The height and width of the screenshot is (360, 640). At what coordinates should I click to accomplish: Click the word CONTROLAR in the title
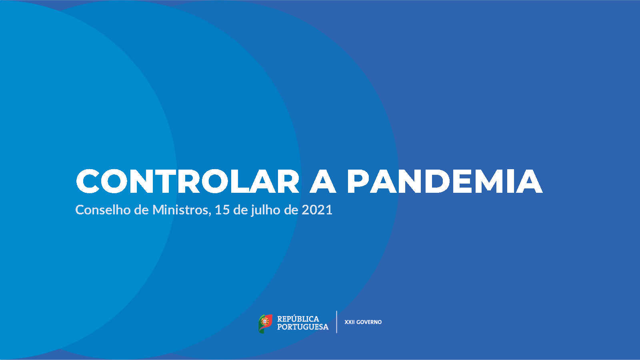[188, 182]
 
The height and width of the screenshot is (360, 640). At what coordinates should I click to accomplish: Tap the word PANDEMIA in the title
[445, 182]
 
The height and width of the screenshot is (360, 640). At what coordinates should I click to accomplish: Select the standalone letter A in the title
[323, 182]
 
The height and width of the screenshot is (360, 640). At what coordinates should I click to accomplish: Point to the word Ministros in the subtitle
[180, 210]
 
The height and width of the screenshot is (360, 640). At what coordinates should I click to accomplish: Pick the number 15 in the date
[222, 210]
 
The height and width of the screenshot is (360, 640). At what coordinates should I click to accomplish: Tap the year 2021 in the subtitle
[317, 210]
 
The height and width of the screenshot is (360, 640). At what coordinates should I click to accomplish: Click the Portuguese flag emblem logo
[266, 324]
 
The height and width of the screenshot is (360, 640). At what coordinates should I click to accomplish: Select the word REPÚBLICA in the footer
[298, 319]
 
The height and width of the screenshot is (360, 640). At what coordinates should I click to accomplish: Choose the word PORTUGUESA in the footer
[303, 327]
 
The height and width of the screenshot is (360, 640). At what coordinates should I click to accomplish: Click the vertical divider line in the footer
[336, 322]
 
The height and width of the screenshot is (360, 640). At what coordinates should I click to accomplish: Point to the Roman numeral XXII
[350, 322]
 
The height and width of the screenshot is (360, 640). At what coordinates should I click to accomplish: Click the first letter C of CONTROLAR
[88, 182]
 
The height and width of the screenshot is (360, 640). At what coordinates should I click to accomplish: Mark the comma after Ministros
[210, 214]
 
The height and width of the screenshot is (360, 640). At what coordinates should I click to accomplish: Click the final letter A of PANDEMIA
[529, 182]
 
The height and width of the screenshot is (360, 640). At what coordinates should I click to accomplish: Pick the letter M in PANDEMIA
[492, 182]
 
